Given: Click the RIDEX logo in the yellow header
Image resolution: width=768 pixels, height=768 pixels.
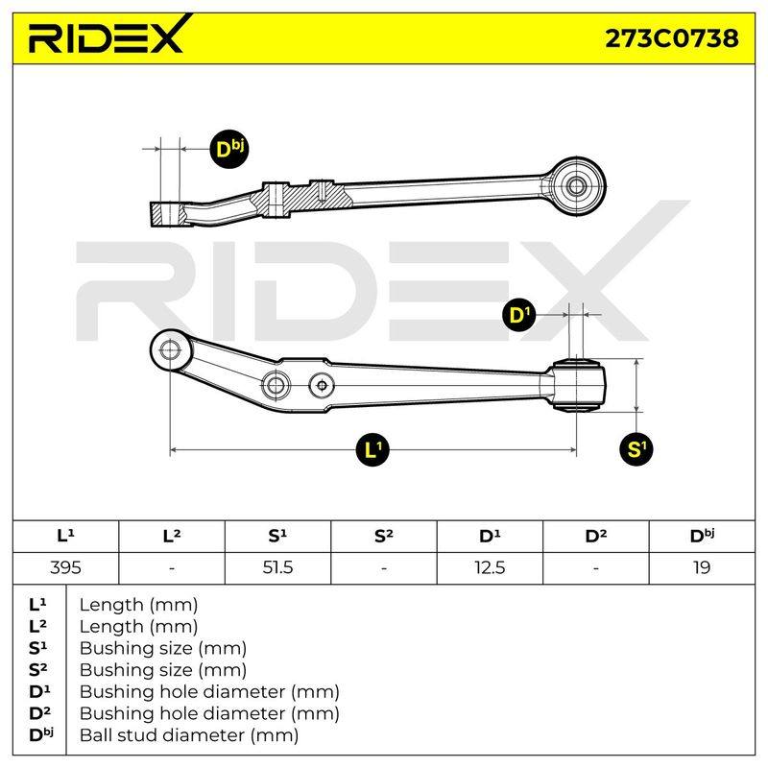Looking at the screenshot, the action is click(x=107, y=36).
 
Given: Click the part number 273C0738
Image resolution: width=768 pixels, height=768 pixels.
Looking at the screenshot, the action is click(x=671, y=38).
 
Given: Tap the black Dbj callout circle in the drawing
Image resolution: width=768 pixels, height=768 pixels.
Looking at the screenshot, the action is click(x=229, y=149).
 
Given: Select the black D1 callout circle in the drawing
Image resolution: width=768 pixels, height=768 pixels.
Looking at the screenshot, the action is click(x=519, y=315).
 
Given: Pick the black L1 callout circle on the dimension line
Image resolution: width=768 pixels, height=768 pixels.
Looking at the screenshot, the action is click(x=373, y=449).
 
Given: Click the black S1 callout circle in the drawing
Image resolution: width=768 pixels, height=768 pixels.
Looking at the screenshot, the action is click(x=636, y=448).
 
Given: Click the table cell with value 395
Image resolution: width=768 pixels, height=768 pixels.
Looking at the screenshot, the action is click(x=65, y=567).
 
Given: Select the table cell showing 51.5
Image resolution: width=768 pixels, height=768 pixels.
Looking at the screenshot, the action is click(x=277, y=567).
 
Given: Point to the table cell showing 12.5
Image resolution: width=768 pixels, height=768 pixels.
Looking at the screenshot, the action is click(x=490, y=567).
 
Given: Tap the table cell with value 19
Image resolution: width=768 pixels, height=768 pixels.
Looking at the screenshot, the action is click(x=702, y=567).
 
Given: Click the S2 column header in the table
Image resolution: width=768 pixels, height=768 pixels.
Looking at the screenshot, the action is click(x=383, y=536).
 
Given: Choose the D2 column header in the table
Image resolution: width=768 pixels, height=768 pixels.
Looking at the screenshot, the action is click(x=595, y=536).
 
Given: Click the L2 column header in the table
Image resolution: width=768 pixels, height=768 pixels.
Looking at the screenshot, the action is click(x=172, y=536).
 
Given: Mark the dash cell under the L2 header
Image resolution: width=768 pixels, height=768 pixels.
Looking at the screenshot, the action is click(x=172, y=567).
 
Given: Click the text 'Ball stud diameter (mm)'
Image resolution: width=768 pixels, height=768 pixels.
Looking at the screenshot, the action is click(x=189, y=734).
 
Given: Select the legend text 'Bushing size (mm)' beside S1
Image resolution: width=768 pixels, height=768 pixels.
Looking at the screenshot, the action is click(x=163, y=648).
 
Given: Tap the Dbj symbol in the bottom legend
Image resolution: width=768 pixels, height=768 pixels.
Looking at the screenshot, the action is click(x=40, y=734).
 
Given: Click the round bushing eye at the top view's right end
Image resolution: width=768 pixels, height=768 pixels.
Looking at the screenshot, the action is click(x=576, y=186).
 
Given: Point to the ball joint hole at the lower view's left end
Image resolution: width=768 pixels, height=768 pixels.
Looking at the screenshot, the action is click(x=170, y=349).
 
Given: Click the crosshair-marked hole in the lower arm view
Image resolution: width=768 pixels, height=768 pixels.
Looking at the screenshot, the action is click(x=323, y=386).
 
